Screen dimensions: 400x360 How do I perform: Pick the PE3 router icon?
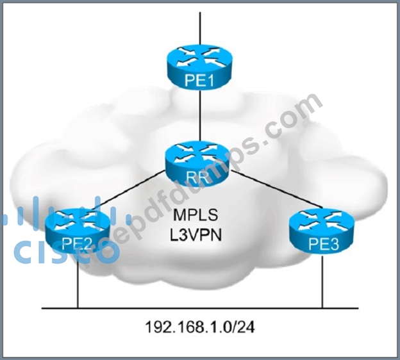click(x=322, y=233)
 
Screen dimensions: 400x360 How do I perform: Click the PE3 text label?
click(x=324, y=244)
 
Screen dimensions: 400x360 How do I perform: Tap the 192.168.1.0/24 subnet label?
click(x=200, y=327)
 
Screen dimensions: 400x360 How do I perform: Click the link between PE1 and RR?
click(x=200, y=115)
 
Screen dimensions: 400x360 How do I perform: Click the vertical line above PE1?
click(x=200, y=29)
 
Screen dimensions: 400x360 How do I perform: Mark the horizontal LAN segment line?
click(x=200, y=308)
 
